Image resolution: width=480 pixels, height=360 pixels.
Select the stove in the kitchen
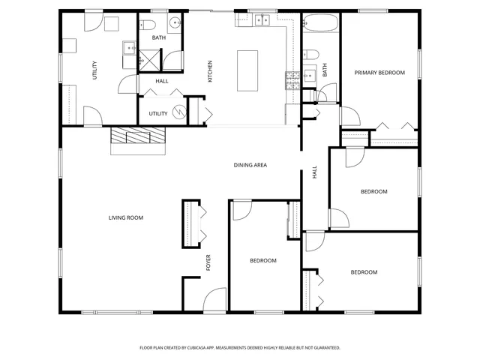(292, 79)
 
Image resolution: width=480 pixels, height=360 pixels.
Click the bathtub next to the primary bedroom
(321, 26)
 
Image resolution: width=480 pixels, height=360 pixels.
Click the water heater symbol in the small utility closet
(178, 112)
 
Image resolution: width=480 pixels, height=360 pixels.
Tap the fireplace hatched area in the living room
(139, 136)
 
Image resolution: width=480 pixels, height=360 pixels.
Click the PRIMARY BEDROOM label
(379, 73)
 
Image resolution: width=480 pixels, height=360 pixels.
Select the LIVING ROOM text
(125, 217)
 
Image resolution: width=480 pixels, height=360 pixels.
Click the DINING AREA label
(250, 165)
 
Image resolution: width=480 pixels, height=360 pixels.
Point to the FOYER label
(209, 262)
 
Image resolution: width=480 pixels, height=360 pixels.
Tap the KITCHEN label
(210, 71)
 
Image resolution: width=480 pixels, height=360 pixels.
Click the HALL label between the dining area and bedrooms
(314, 173)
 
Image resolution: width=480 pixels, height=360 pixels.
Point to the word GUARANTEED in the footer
(325, 348)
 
